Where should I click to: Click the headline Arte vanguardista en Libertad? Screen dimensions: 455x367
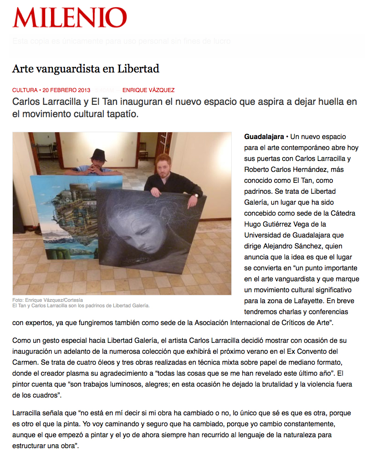[x=86, y=69]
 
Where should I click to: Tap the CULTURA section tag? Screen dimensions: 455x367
[x=25, y=90]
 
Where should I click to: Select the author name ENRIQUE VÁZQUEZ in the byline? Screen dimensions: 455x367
[x=148, y=90]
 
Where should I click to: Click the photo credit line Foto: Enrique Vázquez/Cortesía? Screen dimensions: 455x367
[x=48, y=300]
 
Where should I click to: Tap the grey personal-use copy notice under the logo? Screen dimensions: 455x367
[x=122, y=41]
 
